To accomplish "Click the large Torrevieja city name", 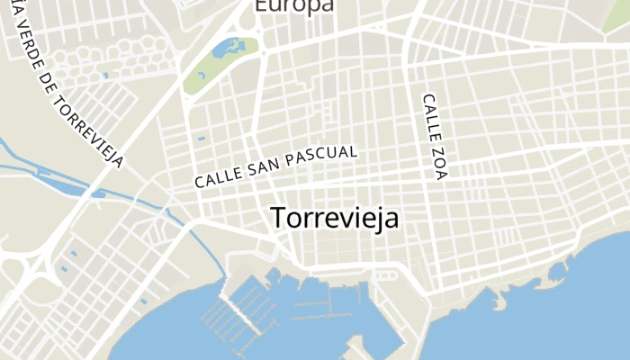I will (x=334, y=219).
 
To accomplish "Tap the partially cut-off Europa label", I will (x=293, y=5).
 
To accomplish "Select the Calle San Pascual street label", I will (x=276, y=166).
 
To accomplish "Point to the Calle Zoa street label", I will (x=434, y=135).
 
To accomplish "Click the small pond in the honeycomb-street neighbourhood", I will (x=105, y=76).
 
